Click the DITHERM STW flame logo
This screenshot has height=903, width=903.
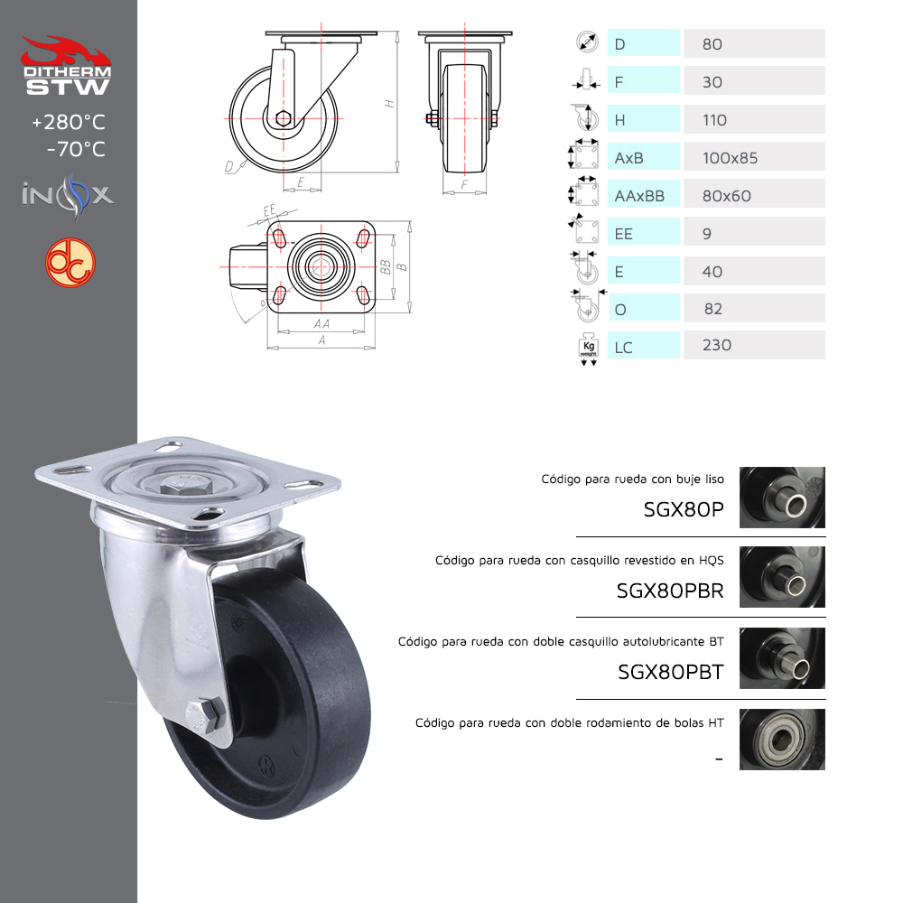[66, 65]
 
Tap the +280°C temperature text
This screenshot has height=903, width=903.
[69, 122]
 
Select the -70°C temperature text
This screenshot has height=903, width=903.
[76, 149]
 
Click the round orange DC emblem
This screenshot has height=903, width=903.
[70, 263]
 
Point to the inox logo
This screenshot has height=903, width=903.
[68, 195]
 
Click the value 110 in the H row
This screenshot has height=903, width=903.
[714, 120]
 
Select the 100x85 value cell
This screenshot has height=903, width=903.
[754, 156]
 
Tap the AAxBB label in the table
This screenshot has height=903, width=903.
[639, 196]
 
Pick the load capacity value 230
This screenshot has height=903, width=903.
[717, 345]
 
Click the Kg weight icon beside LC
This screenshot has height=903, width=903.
[588, 348]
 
